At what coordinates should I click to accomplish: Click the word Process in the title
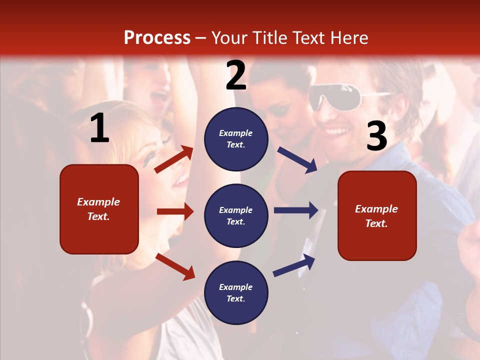(157, 38)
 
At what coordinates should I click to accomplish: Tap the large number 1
(99, 128)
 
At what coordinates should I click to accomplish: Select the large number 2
(236, 75)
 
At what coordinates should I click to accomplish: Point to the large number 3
(376, 136)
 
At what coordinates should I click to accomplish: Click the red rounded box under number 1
(99, 209)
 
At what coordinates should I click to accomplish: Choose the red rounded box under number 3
(377, 215)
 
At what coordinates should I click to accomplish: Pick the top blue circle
(236, 139)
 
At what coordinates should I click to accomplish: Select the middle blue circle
(236, 215)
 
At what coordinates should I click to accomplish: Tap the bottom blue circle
(236, 292)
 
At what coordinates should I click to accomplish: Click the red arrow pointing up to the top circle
(174, 159)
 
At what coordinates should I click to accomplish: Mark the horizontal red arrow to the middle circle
(175, 211)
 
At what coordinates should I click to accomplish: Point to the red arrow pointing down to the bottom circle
(175, 266)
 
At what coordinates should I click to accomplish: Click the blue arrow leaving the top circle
(297, 159)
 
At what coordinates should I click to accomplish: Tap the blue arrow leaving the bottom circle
(294, 265)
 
